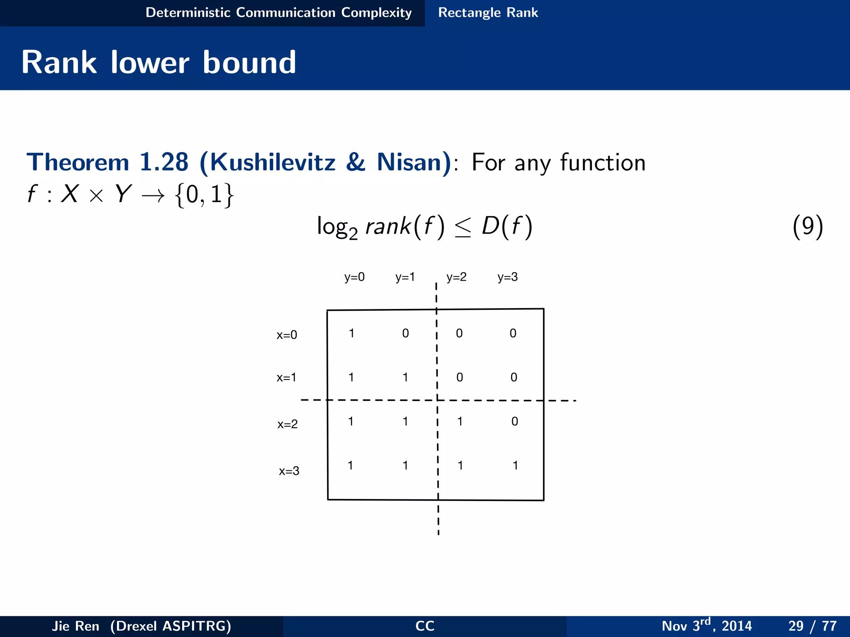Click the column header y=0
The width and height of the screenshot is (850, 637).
(x=354, y=277)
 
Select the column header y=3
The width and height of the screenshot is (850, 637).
(x=508, y=277)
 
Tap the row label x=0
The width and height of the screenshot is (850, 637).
(x=287, y=335)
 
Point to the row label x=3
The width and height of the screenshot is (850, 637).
(x=289, y=471)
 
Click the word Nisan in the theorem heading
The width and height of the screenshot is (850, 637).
(x=413, y=162)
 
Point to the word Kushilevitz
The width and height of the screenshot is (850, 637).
(x=272, y=162)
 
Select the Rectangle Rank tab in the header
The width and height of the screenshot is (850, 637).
(x=488, y=13)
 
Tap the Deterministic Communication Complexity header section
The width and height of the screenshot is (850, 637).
(x=278, y=13)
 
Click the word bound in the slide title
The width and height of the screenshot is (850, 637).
(x=249, y=63)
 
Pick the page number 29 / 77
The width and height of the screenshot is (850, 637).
(x=812, y=625)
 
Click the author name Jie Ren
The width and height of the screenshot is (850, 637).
(x=76, y=626)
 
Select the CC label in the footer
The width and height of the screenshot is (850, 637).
(x=425, y=626)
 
